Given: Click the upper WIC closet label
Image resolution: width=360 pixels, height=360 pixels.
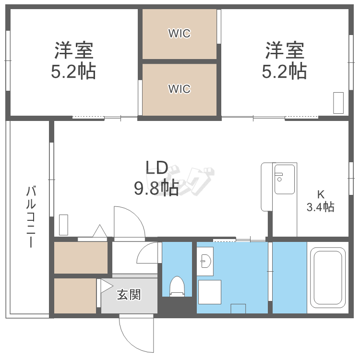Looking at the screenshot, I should [x=179, y=34].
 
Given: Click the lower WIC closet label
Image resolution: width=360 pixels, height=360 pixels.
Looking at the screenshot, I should [x=179, y=89].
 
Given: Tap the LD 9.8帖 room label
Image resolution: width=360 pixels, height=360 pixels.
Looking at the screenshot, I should [x=156, y=178].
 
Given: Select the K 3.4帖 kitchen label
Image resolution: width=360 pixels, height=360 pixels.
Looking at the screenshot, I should [x=321, y=201].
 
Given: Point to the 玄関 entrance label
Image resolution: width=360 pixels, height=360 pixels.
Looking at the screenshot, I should [x=129, y=294].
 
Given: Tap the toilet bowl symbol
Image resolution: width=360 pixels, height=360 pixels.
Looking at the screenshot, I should [x=177, y=287].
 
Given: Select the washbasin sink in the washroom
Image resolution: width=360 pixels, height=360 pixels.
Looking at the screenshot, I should [x=205, y=262].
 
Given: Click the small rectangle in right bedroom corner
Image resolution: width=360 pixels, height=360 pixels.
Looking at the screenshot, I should [x=338, y=102].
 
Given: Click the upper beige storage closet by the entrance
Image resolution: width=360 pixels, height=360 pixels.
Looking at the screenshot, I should [x=81, y=258].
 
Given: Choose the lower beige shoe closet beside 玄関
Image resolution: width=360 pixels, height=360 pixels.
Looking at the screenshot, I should [x=75, y=296].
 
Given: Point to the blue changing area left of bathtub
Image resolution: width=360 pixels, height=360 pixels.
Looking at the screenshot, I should [x=289, y=277].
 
